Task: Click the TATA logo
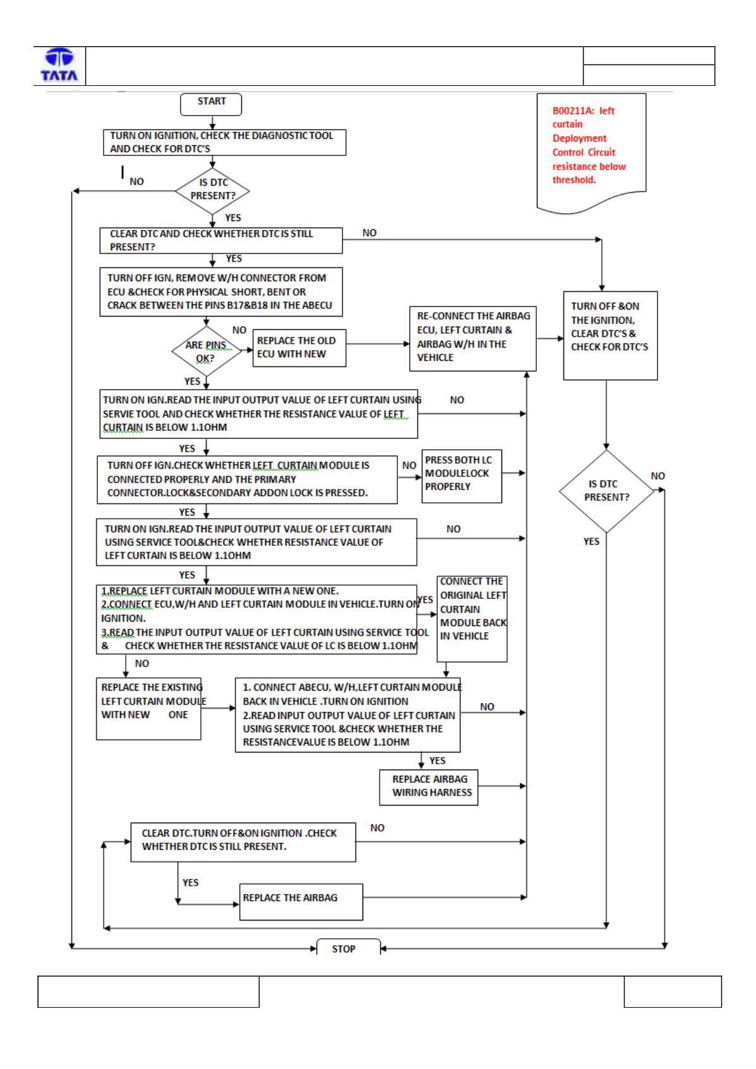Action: pos(59,64)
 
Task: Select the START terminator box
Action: pos(211,104)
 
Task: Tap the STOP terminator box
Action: pos(348,947)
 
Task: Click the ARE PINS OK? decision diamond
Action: pos(206,351)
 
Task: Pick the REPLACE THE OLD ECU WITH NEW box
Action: pos(299,348)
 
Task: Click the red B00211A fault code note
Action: pos(591,153)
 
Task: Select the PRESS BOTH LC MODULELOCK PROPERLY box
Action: pos(461,476)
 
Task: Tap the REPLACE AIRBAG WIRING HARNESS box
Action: pos(428,787)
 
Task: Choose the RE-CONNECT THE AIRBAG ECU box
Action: pos(472,339)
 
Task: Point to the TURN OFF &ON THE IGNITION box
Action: pos(610,335)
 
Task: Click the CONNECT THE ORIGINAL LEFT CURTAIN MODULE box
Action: pos(472,619)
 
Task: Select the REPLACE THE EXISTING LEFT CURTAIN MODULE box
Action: pos(148,709)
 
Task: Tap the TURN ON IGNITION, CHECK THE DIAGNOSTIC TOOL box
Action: pos(224,142)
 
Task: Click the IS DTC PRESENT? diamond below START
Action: pos(212,191)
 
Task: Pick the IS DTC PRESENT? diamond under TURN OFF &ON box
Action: pos(606,491)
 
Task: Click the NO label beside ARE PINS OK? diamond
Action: pos(239,330)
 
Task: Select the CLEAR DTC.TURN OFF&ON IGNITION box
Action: pos(243,842)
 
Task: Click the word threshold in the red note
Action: pos(574,180)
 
